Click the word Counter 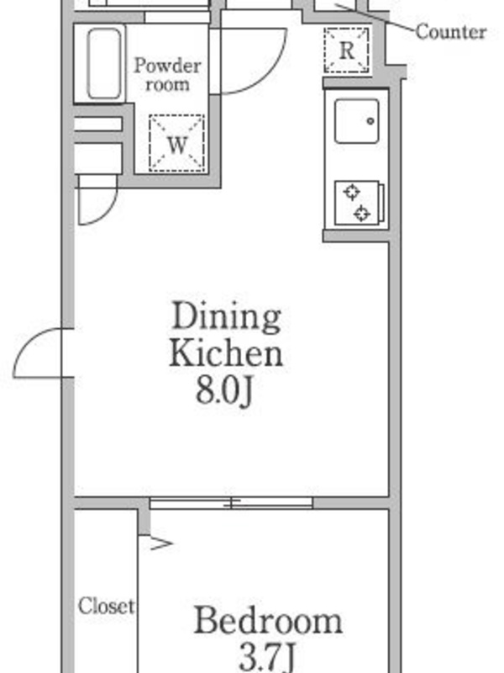[451, 32]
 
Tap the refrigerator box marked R [346, 50]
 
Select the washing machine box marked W [176, 143]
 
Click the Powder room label [167, 75]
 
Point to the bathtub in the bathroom [103, 64]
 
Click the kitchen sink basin [356, 121]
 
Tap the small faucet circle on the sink [370, 121]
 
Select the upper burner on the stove [351, 193]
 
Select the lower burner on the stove [362, 214]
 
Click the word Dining [226, 318]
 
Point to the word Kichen [226, 352]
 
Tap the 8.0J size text [224, 390]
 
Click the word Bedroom [268, 621]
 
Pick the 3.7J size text [267, 658]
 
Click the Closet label [106, 606]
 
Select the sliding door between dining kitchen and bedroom [231, 503]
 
